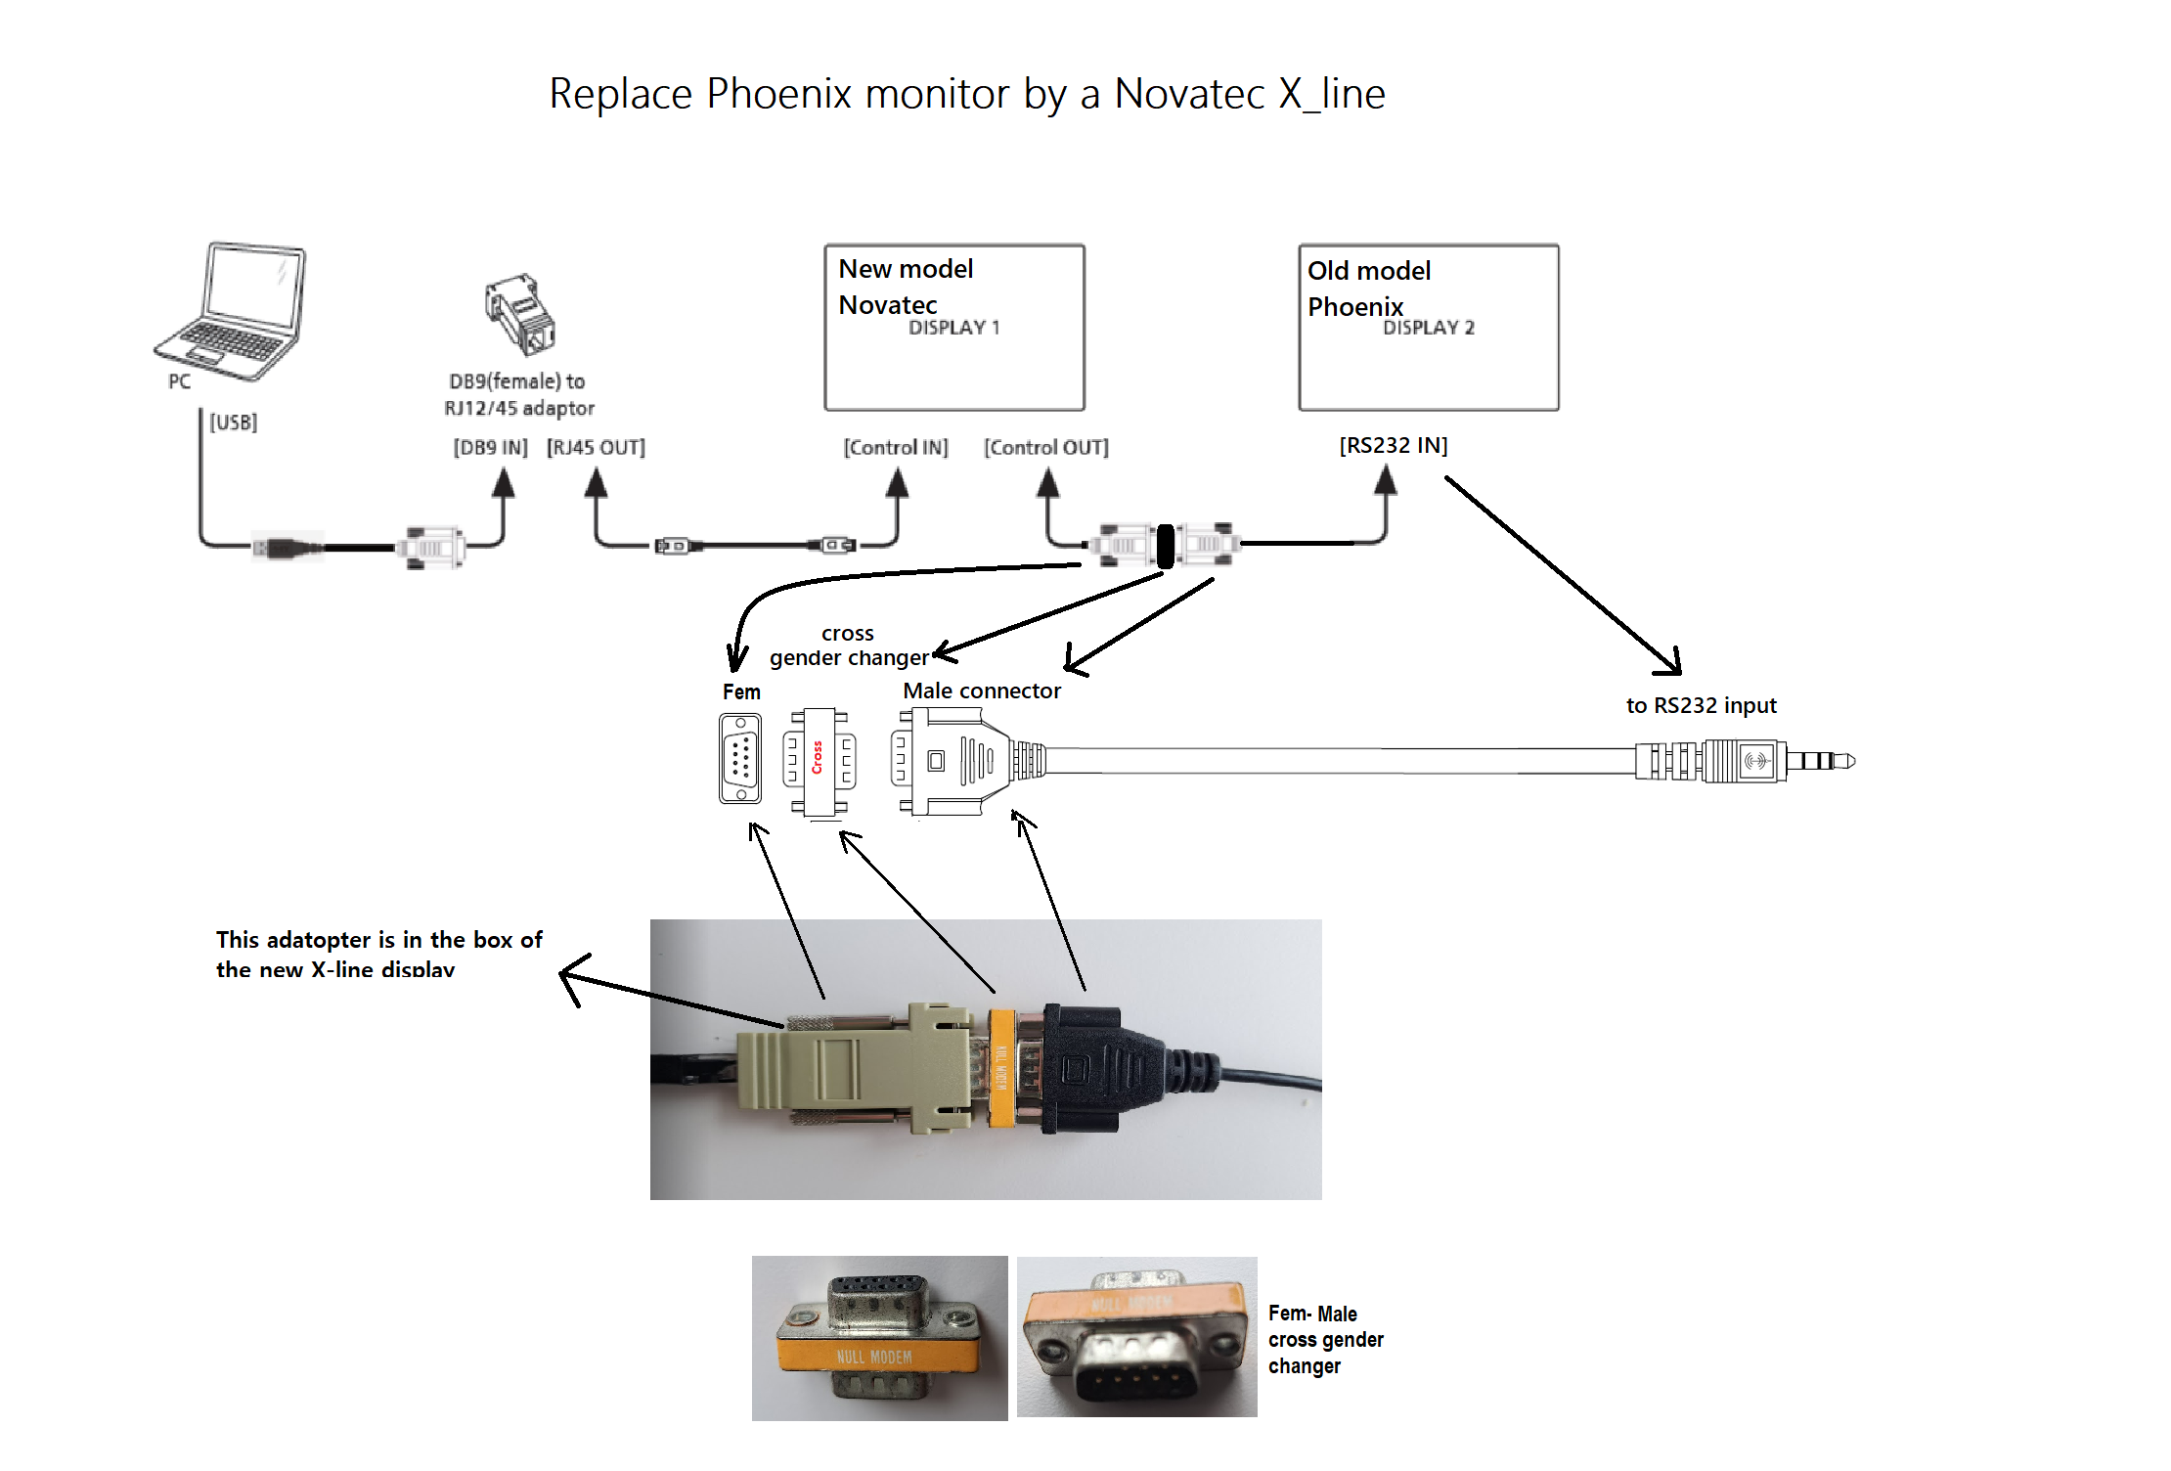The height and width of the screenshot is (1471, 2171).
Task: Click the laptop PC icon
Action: tap(231, 311)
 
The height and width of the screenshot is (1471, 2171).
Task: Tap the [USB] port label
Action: tap(234, 423)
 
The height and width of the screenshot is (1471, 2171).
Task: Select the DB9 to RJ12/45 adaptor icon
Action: tap(520, 314)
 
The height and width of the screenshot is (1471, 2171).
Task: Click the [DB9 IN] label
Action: tap(490, 448)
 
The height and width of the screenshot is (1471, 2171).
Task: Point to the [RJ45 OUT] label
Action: tap(596, 448)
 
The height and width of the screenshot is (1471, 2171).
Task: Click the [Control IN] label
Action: tap(896, 448)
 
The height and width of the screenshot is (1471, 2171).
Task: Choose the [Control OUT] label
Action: tap(1046, 448)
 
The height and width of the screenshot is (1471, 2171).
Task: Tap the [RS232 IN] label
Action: tap(1394, 446)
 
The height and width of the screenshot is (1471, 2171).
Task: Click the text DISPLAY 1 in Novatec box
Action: tap(953, 328)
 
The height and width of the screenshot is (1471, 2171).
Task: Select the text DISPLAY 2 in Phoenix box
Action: tap(1429, 328)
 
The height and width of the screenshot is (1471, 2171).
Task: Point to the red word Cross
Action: tap(818, 758)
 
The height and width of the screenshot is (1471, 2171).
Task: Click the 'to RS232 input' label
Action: tap(1701, 706)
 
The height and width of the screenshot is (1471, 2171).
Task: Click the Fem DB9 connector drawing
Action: tap(740, 759)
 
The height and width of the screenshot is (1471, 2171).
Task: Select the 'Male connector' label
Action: tap(982, 691)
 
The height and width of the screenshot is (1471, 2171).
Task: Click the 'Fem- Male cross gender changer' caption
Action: tap(1326, 1340)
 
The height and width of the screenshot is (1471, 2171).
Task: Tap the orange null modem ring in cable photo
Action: tap(1001, 1067)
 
